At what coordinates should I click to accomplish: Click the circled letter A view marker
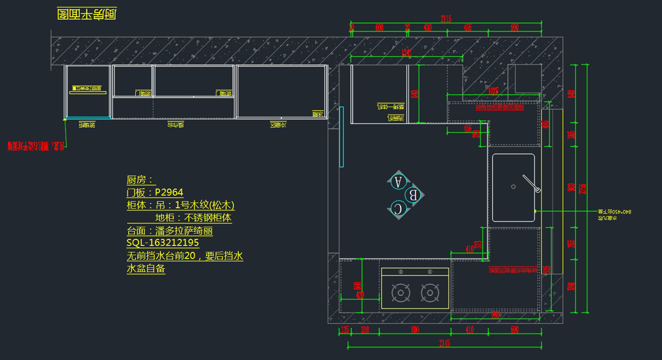(398, 181)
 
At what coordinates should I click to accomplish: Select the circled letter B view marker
(413, 195)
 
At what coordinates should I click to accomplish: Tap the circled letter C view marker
(398, 208)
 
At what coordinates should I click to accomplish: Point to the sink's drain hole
(514, 186)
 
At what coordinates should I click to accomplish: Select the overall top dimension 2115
(446, 19)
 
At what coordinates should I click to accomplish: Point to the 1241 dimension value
(407, 53)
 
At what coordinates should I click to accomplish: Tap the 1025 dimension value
(493, 90)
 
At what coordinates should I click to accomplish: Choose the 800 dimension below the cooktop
(415, 330)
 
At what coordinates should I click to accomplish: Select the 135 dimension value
(344, 330)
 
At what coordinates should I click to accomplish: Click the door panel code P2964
(169, 192)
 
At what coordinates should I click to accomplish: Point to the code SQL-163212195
(163, 243)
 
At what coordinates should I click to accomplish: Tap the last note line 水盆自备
(146, 269)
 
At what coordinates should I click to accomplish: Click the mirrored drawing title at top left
(87, 14)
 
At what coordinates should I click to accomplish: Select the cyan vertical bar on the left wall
(341, 136)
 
